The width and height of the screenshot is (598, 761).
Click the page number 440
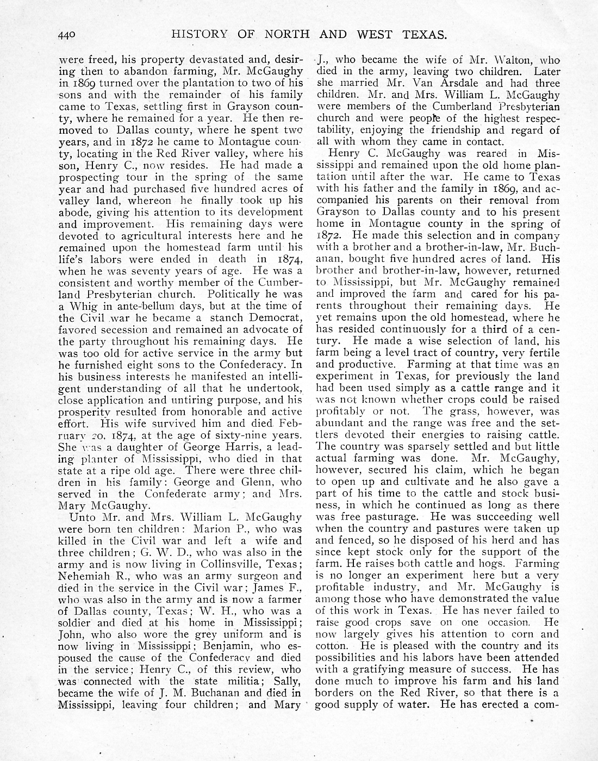tap(69, 35)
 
